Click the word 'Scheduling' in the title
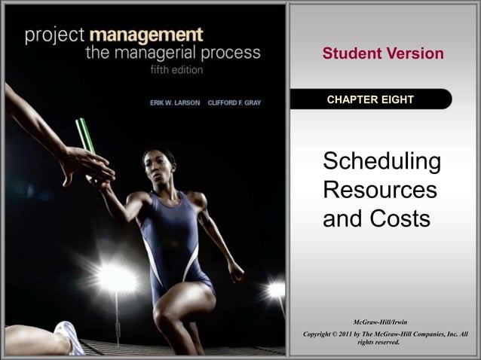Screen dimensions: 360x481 coord(381,162)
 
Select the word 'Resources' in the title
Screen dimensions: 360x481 coord(379,190)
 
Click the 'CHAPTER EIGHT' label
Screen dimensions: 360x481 coord(370,100)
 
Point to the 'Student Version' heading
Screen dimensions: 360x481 coord(383,54)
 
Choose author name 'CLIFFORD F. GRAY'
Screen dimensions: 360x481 coord(234,102)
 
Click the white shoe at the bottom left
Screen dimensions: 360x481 coord(69,339)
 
